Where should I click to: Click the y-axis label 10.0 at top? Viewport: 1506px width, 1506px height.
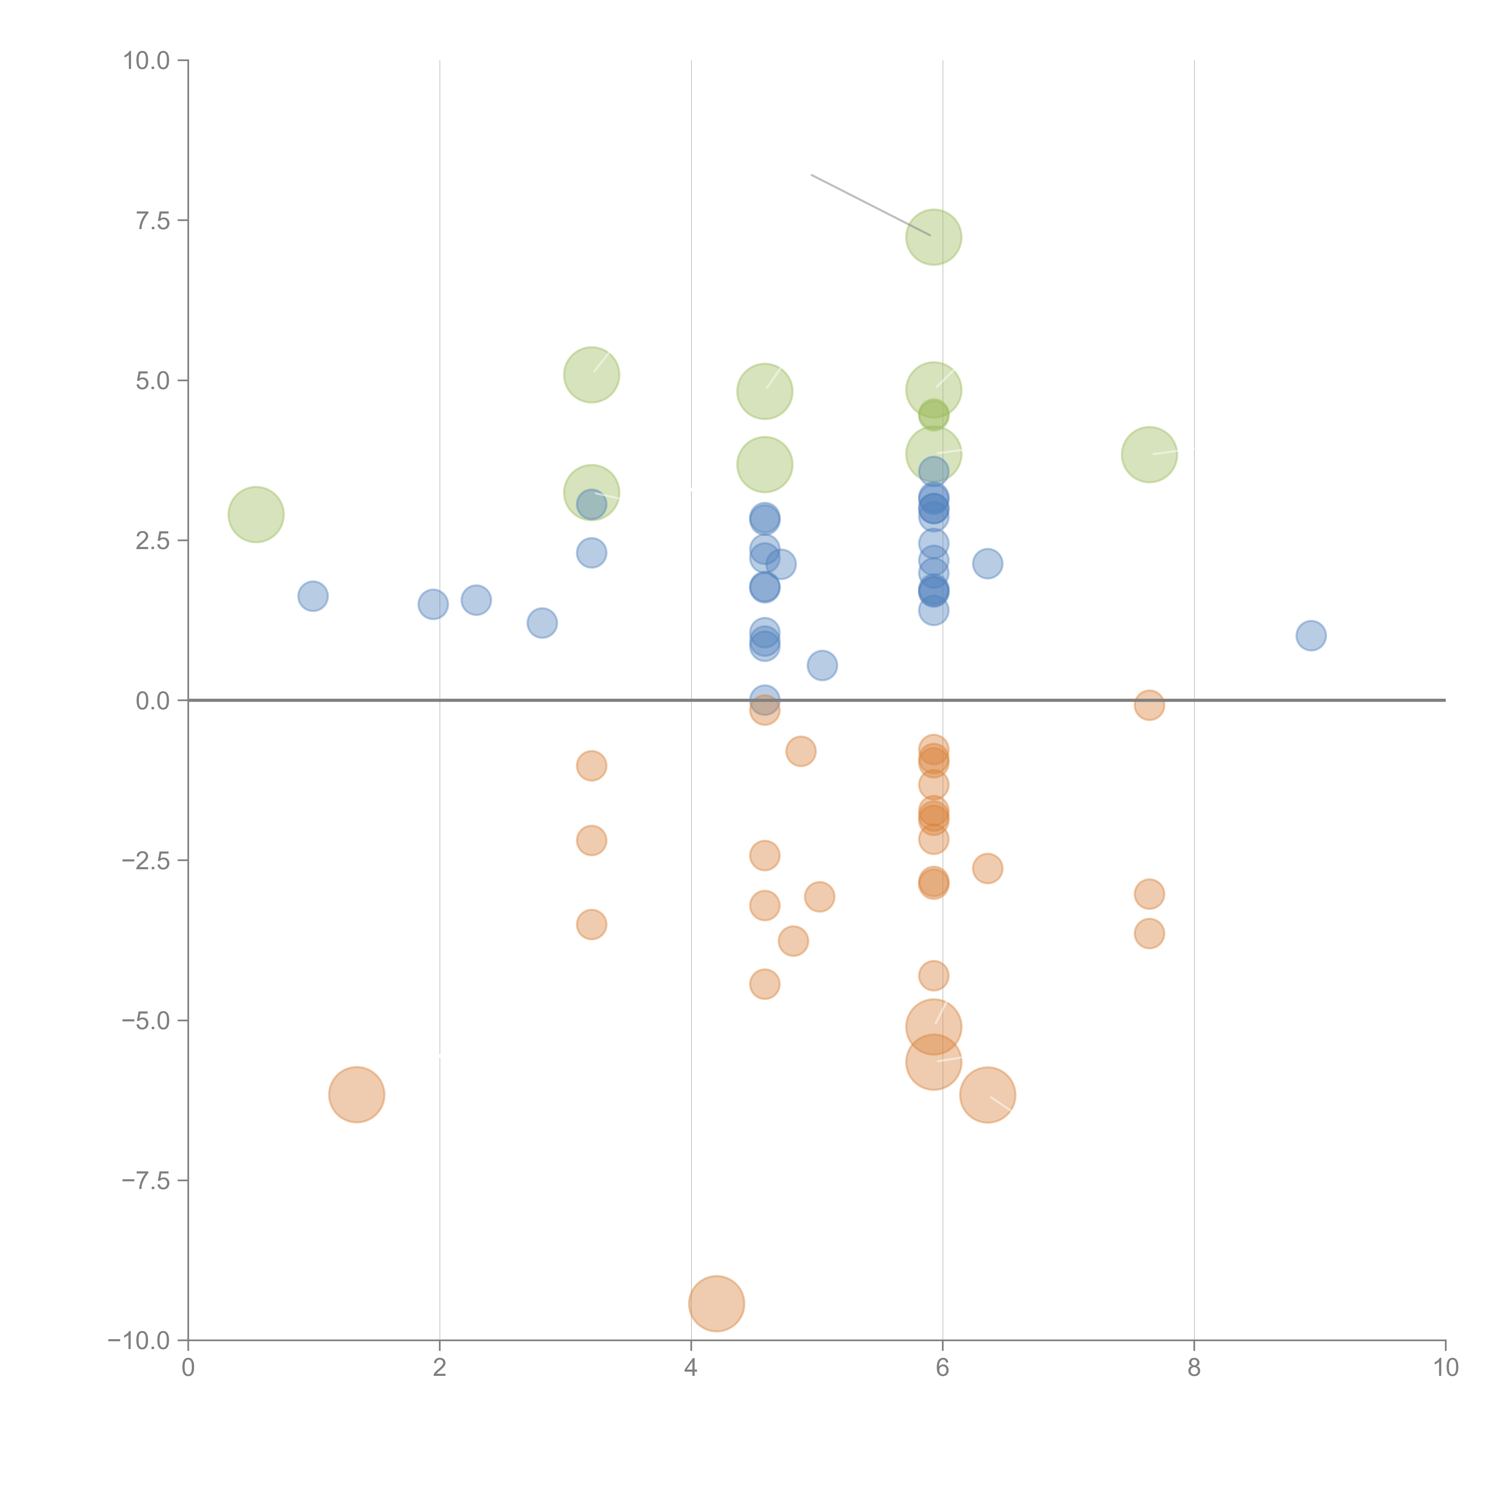point(147,61)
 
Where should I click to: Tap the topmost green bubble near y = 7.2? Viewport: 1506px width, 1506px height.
point(933,237)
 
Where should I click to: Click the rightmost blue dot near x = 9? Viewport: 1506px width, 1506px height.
point(1311,635)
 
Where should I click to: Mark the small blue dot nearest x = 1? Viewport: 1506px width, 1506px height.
point(313,596)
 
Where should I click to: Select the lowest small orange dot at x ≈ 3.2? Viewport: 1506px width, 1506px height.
point(592,924)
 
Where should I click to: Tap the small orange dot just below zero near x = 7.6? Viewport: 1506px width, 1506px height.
point(1149,705)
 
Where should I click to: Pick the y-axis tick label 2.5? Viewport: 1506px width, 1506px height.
point(153,541)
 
